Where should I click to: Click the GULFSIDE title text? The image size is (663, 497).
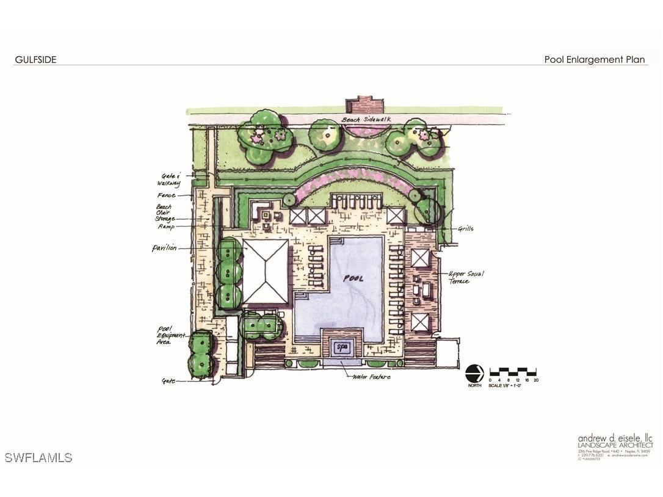[x=35, y=60]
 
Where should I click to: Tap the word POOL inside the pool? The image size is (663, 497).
[x=353, y=278]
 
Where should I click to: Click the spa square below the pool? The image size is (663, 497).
[x=342, y=347]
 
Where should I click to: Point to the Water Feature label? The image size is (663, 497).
[x=371, y=377]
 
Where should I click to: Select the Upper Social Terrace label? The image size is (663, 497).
[x=466, y=278]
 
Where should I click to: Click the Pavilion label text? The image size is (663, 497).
[x=164, y=248]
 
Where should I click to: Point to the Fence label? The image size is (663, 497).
[x=166, y=195]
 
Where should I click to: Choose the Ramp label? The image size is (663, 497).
[x=165, y=227]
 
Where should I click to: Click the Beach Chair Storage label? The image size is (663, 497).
[x=165, y=212]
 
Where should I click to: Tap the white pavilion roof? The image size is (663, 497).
[x=266, y=271]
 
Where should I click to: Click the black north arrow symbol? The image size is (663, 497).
[x=474, y=373]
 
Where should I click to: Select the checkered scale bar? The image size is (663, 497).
[x=513, y=371]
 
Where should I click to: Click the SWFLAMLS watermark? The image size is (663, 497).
[x=38, y=457]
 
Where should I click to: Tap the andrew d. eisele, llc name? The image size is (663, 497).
[x=615, y=438]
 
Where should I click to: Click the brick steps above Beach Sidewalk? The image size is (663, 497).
[x=364, y=104]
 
